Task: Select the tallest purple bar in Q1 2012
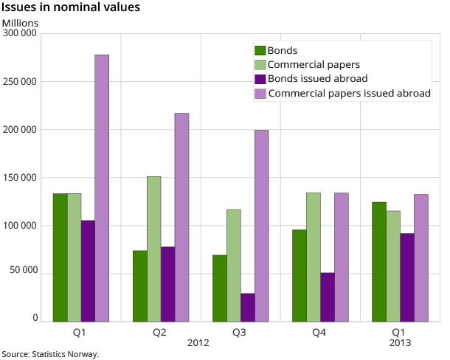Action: pyautogui.click(x=102, y=188)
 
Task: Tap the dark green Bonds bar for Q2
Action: pyautogui.click(x=140, y=285)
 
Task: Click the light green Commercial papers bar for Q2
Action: pyautogui.click(x=153, y=249)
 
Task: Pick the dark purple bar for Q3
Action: pyautogui.click(x=247, y=307)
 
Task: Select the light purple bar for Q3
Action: pyautogui.click(x=261, y=226)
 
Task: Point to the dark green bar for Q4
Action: pyautogui.click(x=300, y=275)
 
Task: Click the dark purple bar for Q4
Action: pyautogui.click(x=327, y=297)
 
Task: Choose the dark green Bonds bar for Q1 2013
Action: pyautogui.click(x=379, y=262)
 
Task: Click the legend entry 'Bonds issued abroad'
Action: pyautogui.click(x=317, y=79)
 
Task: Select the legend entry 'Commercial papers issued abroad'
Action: pyautogui.click(x=349, y=94)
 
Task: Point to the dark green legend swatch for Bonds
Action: pyautogui.click(x=260, y=50)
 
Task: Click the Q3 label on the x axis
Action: pyautogui.click(x=239, y=333)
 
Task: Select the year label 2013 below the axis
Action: pyautogui.click(x=398, y=343)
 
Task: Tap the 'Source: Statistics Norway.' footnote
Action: pyautogui.click(x=50, y=354)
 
